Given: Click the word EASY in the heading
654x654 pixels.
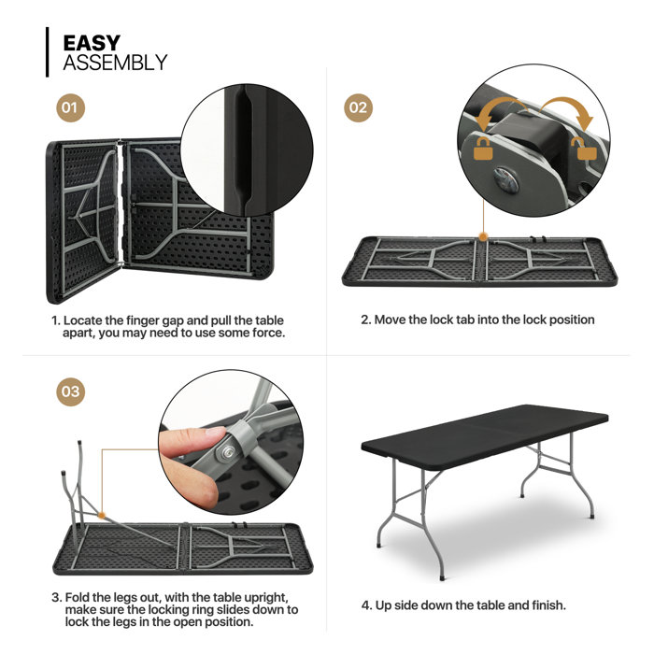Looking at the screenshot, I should point(92,43).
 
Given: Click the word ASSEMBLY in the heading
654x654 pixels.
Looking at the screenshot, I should point(115,64).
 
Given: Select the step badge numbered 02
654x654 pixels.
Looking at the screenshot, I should point(359,107).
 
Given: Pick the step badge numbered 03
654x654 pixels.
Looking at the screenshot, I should point(71,392).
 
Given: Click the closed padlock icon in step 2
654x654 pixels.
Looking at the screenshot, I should point(484,148).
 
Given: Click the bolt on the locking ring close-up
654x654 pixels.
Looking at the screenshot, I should point(226,453).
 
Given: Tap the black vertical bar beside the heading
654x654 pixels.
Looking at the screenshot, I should point(48,52).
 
